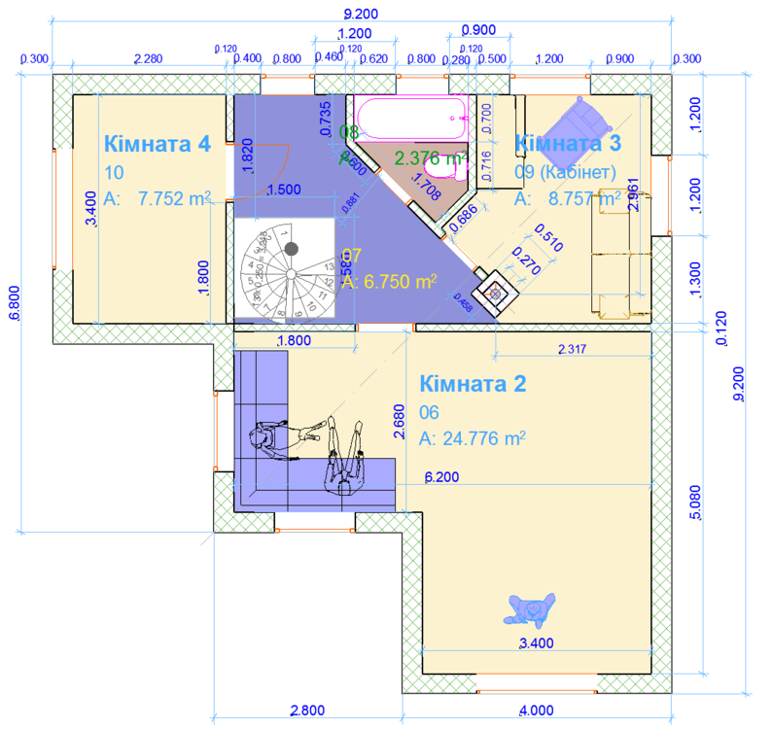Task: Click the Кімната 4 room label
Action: (157, 144)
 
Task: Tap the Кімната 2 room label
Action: (473, 383)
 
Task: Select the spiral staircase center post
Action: (290, 250)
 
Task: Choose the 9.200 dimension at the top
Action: (361, 14)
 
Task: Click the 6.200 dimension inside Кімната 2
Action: (443, 478)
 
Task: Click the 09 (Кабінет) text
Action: (565, 172)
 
